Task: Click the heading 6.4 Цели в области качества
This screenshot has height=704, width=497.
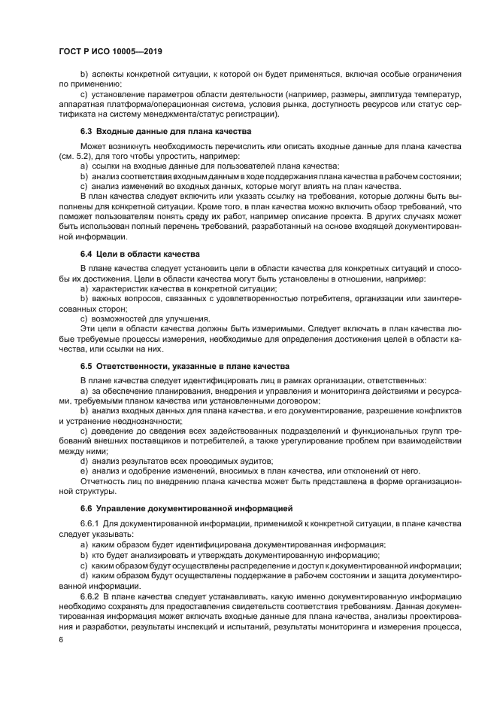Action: click(x=140, y=254)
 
